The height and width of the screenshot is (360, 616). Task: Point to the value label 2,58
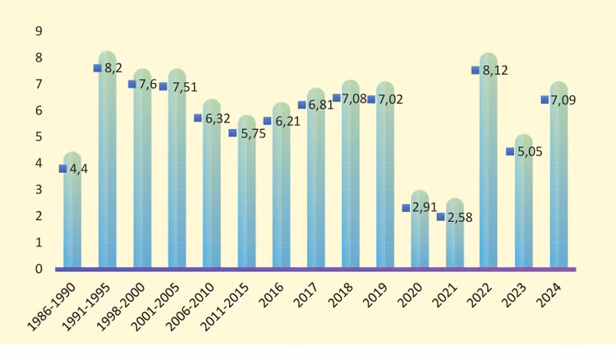coord(462,218)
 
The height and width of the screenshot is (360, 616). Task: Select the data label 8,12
coord(495,72)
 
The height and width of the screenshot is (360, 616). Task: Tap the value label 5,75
coord(254,134)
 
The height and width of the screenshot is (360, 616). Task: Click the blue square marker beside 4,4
coord(62,168)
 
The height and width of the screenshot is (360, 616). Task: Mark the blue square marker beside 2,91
coord(406,208)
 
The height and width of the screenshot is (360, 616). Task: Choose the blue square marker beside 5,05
coord(510,151)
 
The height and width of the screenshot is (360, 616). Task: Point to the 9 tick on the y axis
coord(38,31)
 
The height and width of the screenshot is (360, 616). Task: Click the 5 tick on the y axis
coord(38,137)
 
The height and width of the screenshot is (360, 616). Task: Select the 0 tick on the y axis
coord(38,269)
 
